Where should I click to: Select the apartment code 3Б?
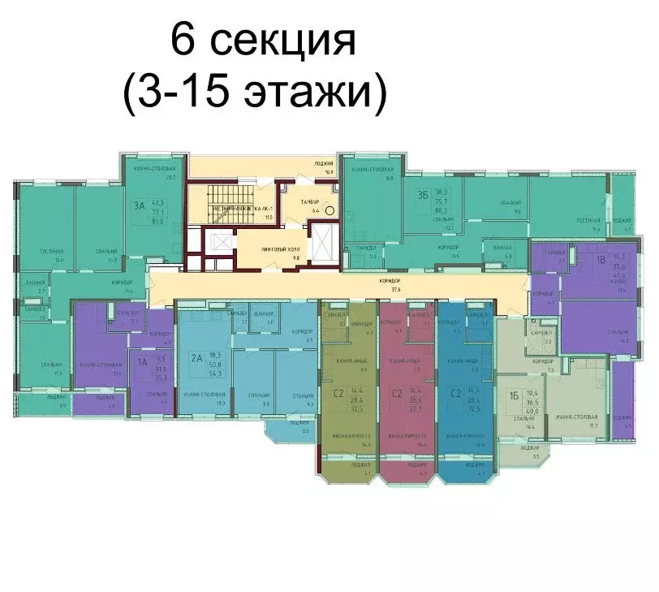coord(421,194)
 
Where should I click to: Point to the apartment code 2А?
coord(196,356)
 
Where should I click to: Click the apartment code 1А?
coord(142,362)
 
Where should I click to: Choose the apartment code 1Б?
coord(514,395)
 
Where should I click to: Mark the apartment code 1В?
coord(601,261)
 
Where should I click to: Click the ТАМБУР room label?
coord(301,201)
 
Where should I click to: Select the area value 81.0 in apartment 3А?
coord(158,220)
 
